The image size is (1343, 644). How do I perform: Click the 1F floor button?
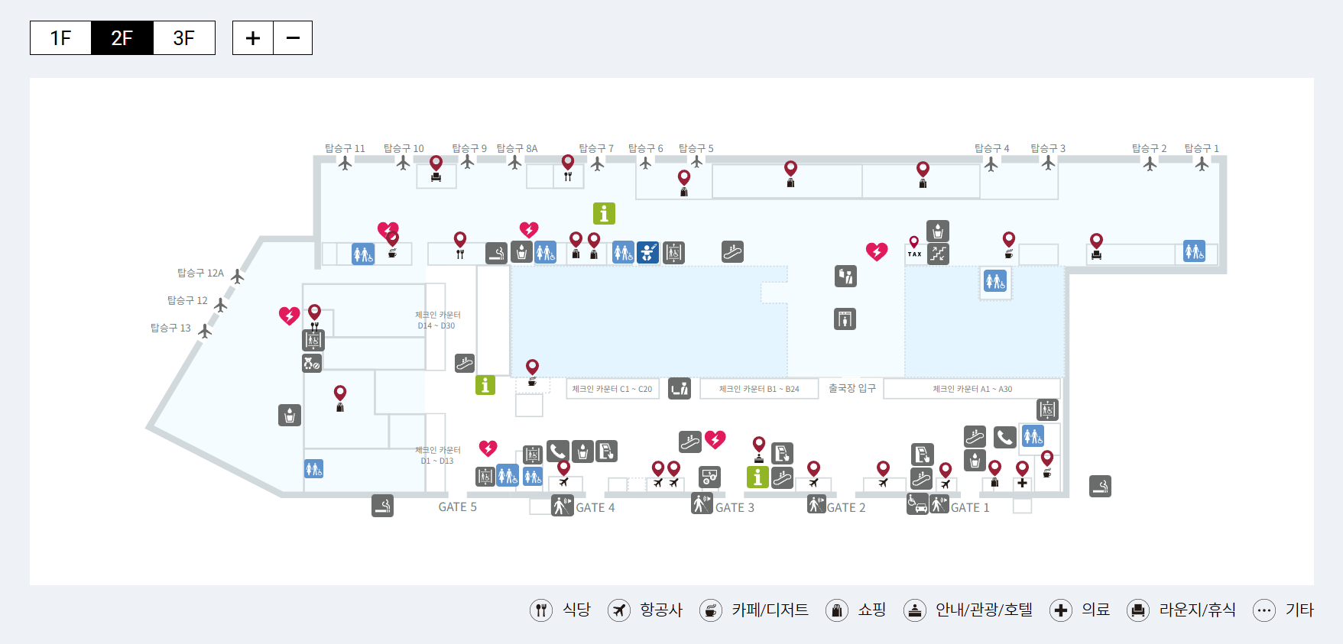[x=60, y=38]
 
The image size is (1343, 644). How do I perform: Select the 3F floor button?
[x=183, y=38]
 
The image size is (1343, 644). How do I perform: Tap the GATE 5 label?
[x=457, y=507]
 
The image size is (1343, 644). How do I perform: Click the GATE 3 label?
[x=735, y=508]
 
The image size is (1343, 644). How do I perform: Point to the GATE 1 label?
[x=970, y=508]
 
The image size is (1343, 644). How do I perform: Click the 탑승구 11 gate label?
[x=345, y=148]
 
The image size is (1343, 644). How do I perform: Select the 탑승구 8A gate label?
[x=517, y=148]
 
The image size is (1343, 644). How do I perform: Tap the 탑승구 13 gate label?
[x=170, y=328]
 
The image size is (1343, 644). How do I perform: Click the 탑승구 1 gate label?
[x=1202, y=148]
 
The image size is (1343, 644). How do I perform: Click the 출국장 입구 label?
[x=852, y=388]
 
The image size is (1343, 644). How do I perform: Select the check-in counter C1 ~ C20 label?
[x=612, y=389]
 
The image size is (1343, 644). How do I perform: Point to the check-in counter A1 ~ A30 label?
[x=972, y=389]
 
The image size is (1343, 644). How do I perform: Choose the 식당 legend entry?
[x=560, y=610]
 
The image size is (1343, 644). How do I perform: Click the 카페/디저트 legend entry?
[x=754, y=610]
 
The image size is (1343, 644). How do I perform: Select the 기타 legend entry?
[x=1283, y=610]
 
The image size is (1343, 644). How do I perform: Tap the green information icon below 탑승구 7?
[x=604, y=213]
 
